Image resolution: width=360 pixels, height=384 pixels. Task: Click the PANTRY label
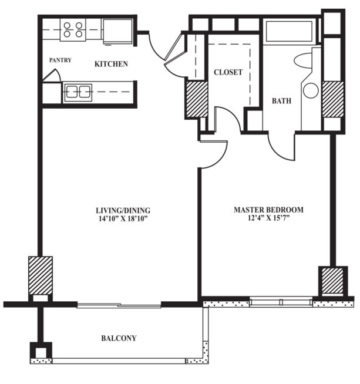pos(60,60)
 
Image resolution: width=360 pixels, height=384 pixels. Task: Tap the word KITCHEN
pos(112,63)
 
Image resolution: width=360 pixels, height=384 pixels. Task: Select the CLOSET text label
pos(228,72)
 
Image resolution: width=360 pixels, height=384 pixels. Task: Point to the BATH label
pos(281,101)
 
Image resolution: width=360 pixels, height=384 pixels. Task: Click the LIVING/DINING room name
pos(123,210)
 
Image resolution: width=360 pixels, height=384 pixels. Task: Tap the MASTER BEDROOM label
pos(268,210)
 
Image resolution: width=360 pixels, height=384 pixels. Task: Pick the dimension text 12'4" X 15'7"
pos(268,218)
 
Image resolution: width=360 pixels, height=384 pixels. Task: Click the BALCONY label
pos(119,338)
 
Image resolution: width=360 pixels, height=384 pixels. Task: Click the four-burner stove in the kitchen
pos(73,30)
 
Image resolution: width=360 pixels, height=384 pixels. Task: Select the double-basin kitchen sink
pos(78,92)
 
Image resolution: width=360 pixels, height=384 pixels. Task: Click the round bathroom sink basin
pos(310,90)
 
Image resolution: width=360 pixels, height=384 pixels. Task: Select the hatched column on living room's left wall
pos(40,274)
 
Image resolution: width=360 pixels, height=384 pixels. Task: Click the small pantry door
pos(51,76)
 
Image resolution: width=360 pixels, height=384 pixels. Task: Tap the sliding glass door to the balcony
pos(119,305)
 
